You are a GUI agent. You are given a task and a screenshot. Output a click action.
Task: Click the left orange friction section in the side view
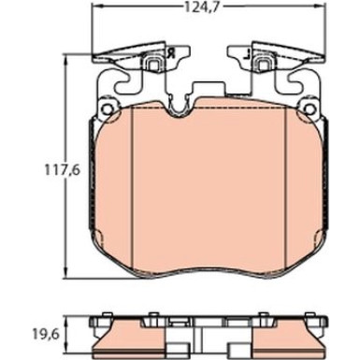140,331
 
